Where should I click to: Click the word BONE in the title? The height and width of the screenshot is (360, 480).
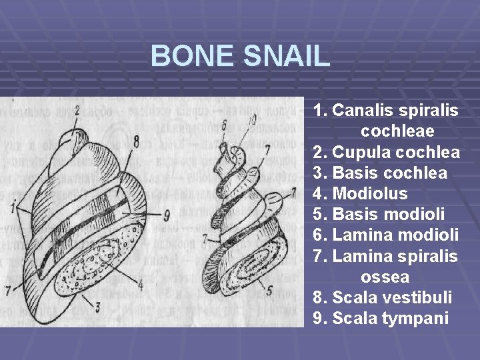193,56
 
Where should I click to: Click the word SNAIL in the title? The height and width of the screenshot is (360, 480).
287,56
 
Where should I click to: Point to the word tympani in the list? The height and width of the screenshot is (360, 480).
415,318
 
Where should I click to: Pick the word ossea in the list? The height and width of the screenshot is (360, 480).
385,276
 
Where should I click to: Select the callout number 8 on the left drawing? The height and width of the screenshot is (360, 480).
135,141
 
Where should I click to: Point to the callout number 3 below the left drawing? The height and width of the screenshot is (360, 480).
97,307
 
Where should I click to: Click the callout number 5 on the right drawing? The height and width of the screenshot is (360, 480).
269,290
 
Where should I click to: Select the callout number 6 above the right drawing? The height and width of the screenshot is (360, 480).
223,125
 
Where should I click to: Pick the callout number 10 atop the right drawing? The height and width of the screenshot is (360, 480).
252,119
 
